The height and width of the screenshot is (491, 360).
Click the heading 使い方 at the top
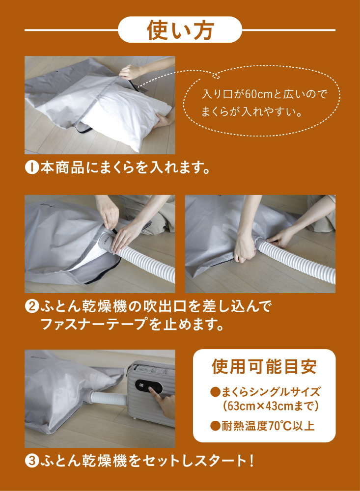[x=180, y=30]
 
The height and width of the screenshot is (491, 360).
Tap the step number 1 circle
[x=31, y=167]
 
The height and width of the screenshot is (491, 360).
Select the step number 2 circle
[x=31, y=306]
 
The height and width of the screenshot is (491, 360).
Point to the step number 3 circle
[x=31, y=461]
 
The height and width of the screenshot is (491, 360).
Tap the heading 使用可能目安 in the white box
[x=264, y=366]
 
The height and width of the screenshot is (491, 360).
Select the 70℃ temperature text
[x=280, y=426]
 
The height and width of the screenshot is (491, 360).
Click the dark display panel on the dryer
[x=149, y=388]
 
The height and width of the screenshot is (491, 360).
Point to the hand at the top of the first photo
[x=132, y=71]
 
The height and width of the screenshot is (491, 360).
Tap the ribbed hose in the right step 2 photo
[x=296, y=260]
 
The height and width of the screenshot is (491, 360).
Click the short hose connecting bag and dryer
[x=108, y=400]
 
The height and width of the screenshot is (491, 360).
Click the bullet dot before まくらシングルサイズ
[x=215, y=392]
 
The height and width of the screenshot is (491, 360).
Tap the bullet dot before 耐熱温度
[x=215, y=426]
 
